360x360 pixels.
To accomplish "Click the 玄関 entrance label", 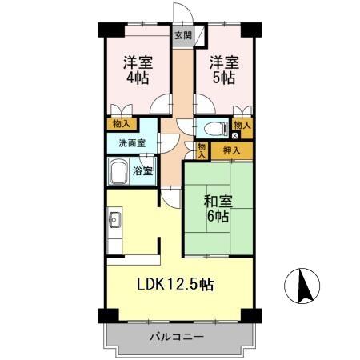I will (183, 35).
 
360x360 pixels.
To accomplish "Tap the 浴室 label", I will (143, 172).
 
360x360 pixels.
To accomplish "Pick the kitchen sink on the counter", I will (114, 218).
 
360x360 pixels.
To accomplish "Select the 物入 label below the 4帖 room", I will (121, 124).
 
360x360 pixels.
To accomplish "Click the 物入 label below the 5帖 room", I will (242, 124).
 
